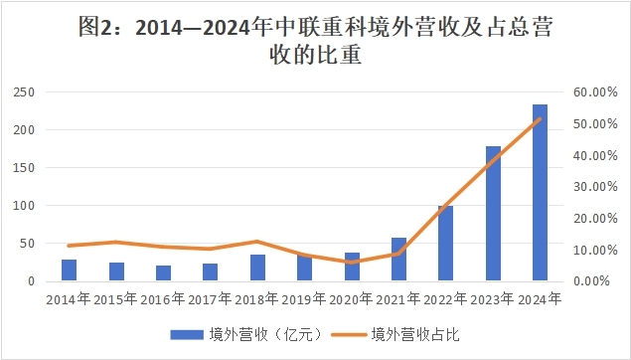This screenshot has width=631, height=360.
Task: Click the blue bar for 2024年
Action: [540, 193]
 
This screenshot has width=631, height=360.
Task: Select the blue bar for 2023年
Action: [493, 214]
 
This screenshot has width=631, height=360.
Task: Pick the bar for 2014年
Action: [69, 270]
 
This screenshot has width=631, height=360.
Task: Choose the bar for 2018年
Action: [257, 268]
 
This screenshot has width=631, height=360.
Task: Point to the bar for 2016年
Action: [163, 273]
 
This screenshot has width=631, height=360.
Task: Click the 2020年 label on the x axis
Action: [352, 297]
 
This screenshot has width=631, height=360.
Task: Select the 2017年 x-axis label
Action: [211, 297]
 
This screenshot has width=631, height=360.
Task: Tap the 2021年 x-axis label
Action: [398, 297]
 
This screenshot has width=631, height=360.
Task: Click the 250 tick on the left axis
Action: [22, 92]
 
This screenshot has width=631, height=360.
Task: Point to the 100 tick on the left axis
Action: [22, 206]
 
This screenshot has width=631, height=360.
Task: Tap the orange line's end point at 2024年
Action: [540, 118]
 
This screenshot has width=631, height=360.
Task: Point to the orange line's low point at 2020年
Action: [352, 263]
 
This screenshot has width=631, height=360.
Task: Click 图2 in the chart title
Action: [94, 28]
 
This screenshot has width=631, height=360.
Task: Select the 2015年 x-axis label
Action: [116, 297]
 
